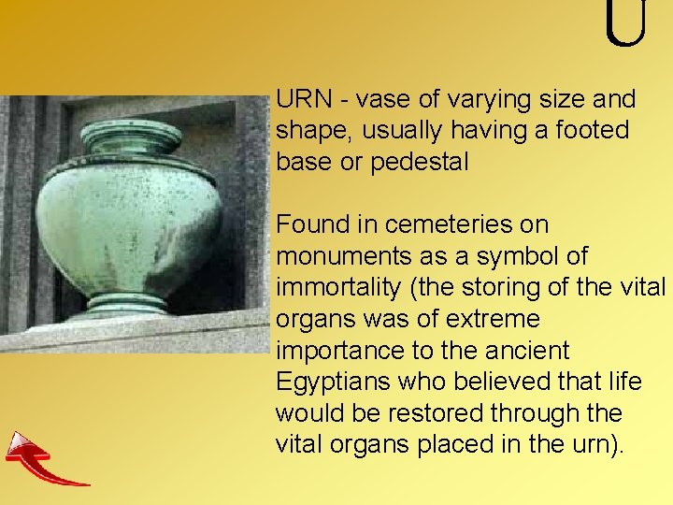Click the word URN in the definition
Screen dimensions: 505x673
coord(300,99)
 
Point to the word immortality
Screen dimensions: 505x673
coord(334,288)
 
